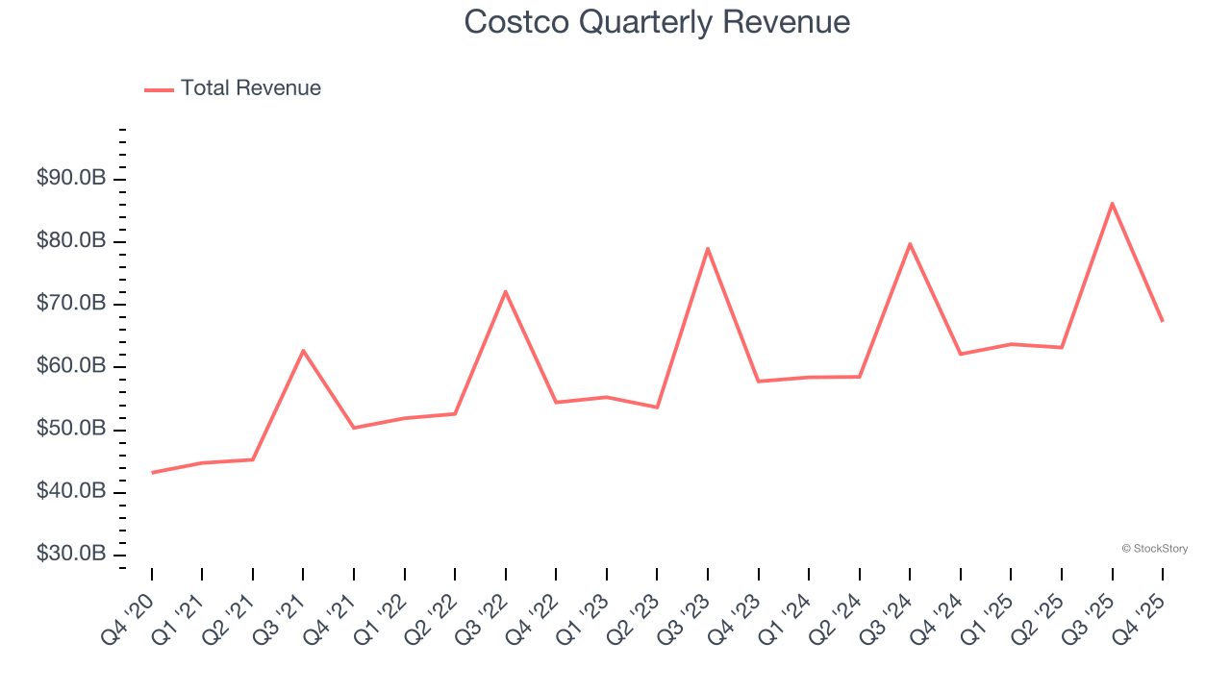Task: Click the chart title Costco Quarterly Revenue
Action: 657,22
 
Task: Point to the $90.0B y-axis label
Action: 71,179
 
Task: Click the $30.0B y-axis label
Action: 71,555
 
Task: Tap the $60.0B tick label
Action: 71,366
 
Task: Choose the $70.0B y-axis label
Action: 71,304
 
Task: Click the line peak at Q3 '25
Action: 1112,203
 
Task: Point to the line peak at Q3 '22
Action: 505,291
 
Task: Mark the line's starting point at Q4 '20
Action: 152,473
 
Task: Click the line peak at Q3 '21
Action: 303,350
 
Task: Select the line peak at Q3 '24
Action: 910,243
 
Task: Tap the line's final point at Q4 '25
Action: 1162,321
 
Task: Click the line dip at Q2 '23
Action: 657,408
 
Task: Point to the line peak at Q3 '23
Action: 708,248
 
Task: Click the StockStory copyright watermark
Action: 1154,549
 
